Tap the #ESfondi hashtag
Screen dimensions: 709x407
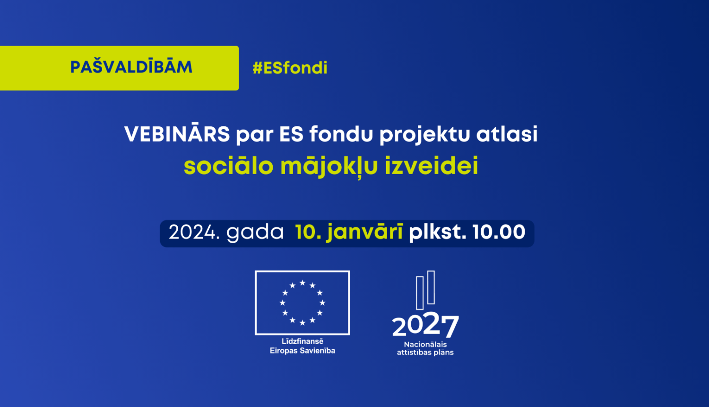[x=290, y=68]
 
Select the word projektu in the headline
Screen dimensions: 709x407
[x=425, y=135]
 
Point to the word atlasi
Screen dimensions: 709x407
[x=507, y=133]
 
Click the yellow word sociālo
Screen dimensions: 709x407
[x=228, y=166]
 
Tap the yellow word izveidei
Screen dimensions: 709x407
[x=432, y=166]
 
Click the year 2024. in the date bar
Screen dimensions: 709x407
[x=194, y=232]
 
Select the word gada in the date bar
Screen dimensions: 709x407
[x=255, y=233]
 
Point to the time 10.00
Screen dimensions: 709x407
[x=499, y=232]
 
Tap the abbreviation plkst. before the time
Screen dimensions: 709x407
[x=438, y=232]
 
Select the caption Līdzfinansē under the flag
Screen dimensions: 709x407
[x=303, y=341]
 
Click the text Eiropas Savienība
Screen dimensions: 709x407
[x=303, y=351]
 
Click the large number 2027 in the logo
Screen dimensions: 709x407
[x=425, y=325]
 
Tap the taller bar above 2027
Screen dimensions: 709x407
[x=431, y=287]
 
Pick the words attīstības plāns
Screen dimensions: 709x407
[x=425, y=353]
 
